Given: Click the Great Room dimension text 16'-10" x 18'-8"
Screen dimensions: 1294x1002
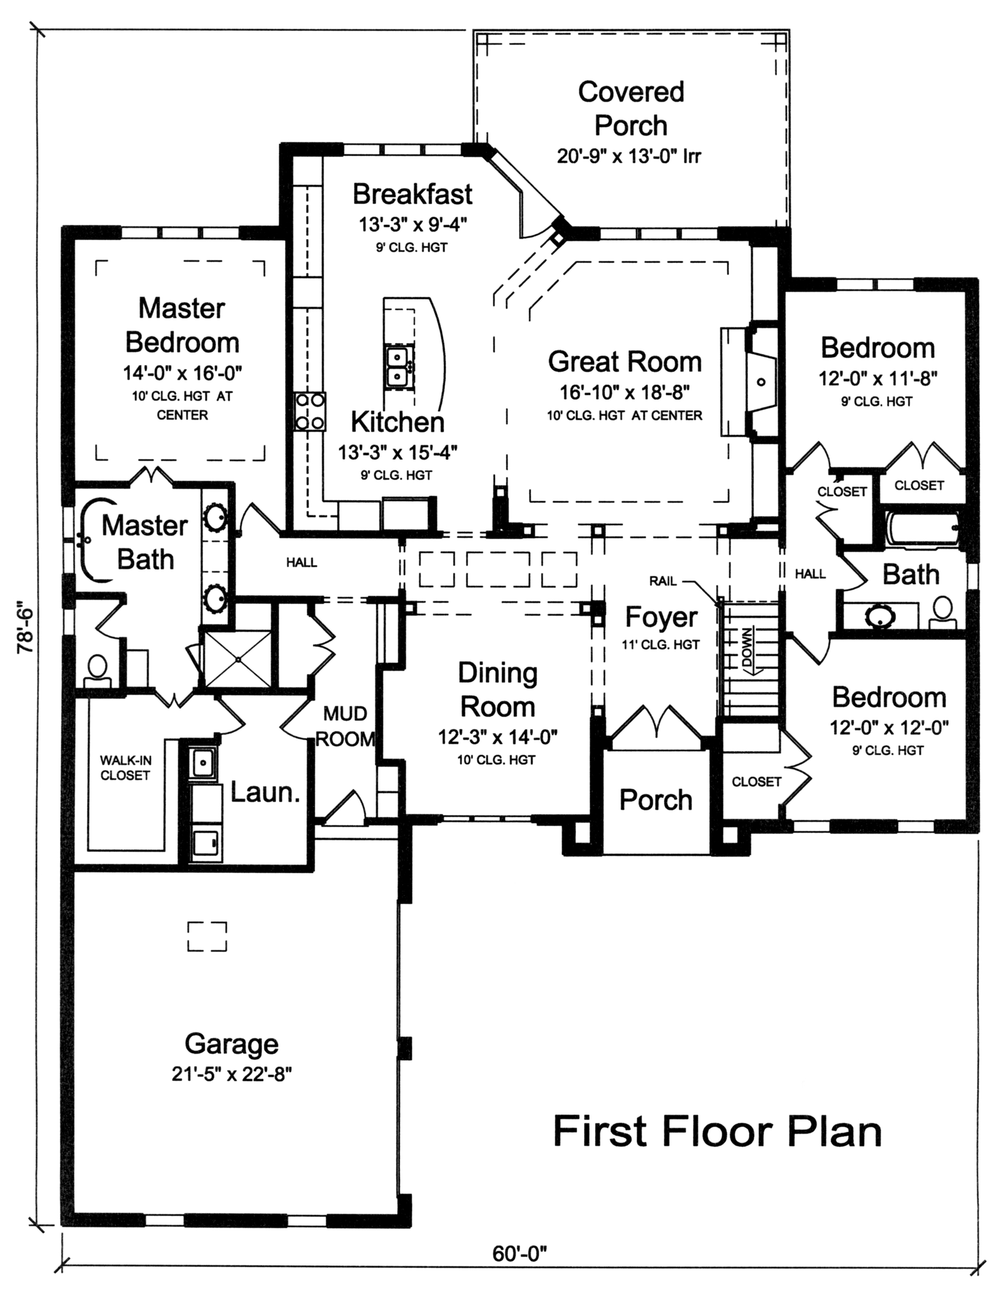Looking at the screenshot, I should (625, 392).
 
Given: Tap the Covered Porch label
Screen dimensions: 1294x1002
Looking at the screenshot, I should (631, 109).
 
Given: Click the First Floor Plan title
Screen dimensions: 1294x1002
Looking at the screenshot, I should (717, 1132).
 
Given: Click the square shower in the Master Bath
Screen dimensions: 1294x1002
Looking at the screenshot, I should (237, 658).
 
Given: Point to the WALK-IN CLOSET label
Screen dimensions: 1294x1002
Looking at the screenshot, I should (125, 767).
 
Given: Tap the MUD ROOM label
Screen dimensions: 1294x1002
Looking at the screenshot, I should (345, 727).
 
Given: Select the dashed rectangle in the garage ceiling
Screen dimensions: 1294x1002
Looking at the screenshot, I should (207, 936).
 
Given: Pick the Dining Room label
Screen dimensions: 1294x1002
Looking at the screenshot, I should (497, 690).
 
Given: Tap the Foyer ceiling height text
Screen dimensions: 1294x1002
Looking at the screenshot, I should (661, 645).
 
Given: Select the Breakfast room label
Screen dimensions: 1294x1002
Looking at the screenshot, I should (412, 194).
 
